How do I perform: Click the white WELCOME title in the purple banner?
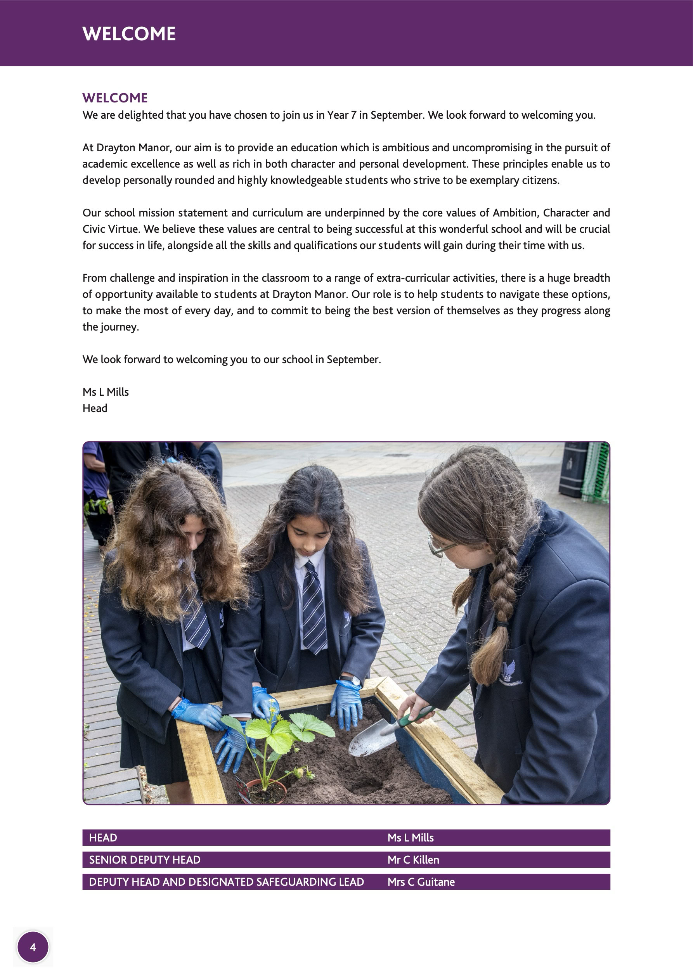[x=129, y=34]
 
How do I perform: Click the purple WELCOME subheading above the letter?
[x=115, y=98]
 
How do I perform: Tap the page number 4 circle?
[x=33, y=947]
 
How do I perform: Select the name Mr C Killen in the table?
[x=413, y=860]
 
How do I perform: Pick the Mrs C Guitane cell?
[x=421, y=882]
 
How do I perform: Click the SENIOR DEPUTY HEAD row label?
[x=144, y=860]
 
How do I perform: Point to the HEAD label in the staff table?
[x=103, y=838]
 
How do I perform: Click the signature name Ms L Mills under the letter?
[x=106, y=392]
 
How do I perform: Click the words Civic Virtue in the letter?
[x=111, y=229]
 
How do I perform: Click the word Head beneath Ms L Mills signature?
[x=95, y=408]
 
